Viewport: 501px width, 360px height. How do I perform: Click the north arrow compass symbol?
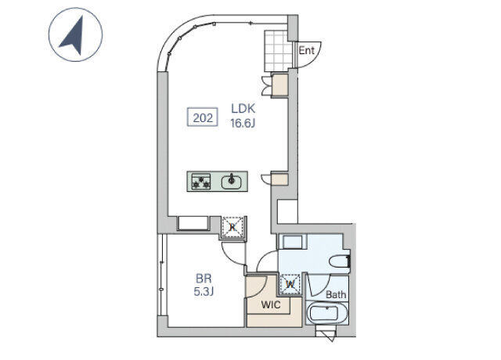75,34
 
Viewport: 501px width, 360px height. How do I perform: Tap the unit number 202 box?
202,117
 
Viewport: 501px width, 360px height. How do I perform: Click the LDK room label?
243,109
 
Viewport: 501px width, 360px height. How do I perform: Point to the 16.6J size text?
243,123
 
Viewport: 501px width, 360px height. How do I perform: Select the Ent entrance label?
306,50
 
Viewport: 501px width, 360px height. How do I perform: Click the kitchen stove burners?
201,182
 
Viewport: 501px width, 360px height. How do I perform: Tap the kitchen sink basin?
232,182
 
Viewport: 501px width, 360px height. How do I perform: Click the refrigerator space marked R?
233,227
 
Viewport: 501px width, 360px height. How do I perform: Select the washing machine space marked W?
290,283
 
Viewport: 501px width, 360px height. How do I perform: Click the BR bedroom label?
204,279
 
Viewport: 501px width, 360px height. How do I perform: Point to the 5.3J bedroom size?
204,291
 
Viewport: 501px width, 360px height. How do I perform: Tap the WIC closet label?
271,304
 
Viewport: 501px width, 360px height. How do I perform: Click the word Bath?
336,294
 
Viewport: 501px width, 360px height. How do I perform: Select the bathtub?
327,313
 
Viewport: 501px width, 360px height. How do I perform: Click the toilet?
340,261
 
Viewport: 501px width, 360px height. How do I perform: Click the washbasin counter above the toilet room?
292,242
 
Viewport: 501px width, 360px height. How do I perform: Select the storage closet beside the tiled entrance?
279,85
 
